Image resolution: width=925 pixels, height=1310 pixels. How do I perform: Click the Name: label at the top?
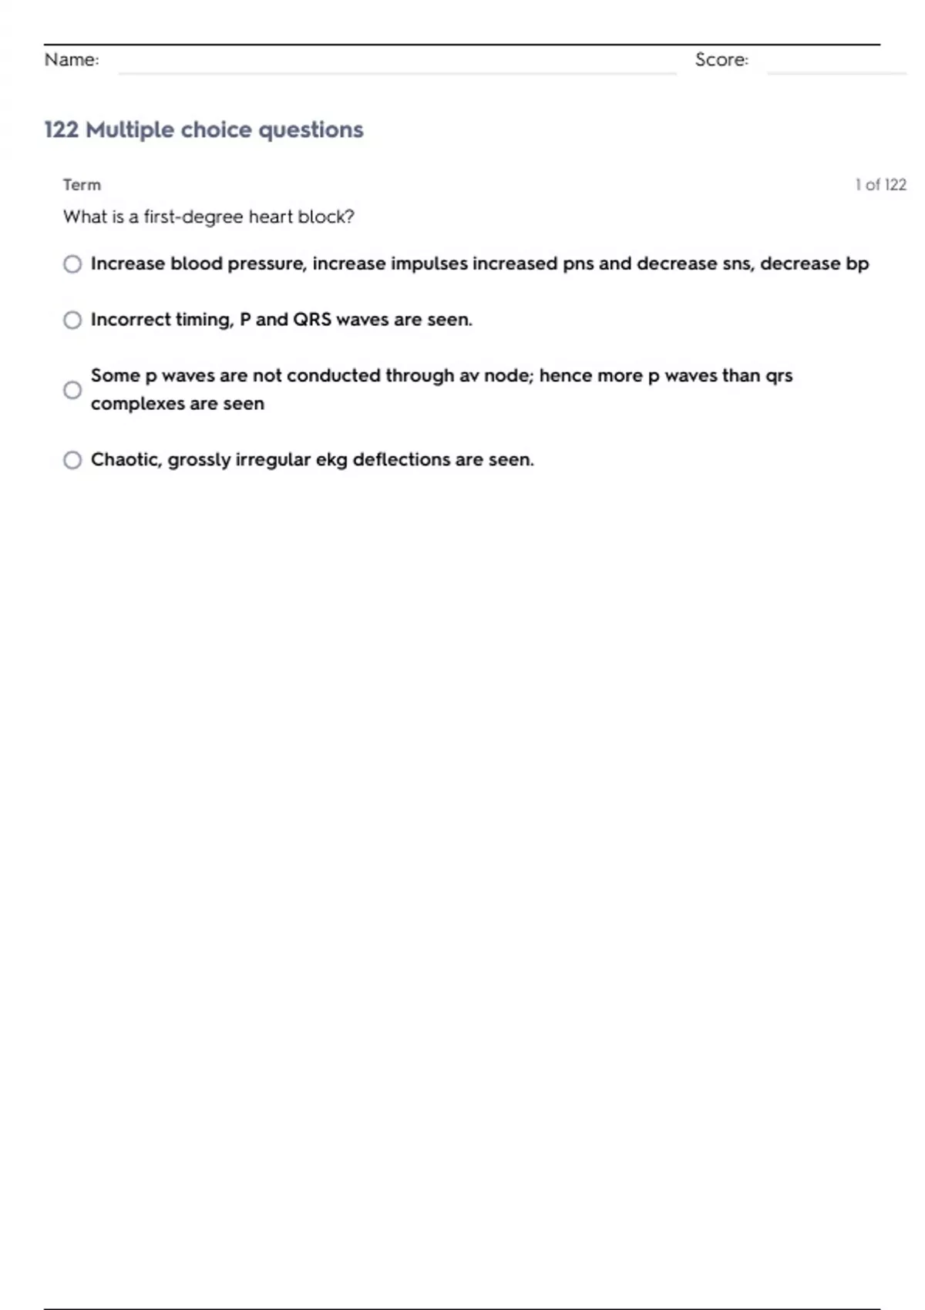(72, 60)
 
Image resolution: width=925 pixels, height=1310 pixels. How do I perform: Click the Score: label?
(721, 60)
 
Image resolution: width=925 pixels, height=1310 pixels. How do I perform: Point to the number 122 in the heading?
(62, 129)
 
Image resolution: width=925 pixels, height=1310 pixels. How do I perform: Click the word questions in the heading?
(311, 130)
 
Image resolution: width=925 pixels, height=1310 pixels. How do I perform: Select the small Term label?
(82, 185)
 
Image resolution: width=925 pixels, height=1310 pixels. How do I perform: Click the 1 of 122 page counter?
(880, 185)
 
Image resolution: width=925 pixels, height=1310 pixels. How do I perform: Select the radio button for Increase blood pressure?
(72, 264)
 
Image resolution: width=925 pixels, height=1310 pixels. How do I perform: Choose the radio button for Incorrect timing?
(72, 320)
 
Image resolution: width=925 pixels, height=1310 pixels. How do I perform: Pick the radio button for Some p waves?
(72, 390)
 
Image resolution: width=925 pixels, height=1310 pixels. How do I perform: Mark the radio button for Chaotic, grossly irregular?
(72, 460)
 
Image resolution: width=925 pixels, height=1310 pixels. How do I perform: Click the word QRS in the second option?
(312, 320)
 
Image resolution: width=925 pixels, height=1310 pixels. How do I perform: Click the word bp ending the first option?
(857, 264)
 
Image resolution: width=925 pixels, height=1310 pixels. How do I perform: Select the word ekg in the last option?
(331, 460)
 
